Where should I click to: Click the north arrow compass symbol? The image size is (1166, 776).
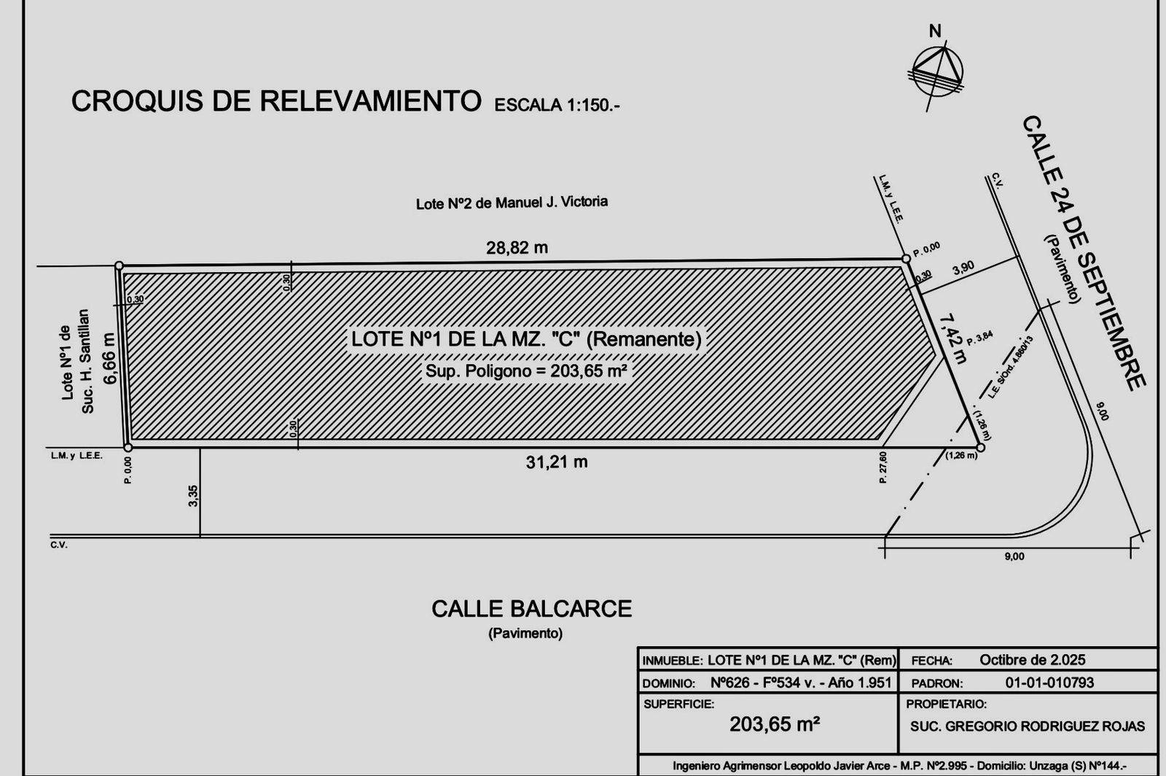[937, 69]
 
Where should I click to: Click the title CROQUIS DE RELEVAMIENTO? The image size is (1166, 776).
[276, 101]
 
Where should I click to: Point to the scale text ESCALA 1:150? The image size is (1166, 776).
[557, 106]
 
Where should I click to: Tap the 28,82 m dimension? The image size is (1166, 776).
[517, 248]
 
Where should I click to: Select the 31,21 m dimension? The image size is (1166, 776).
[557, 462]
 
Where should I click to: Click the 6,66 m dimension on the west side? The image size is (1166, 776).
[109, 362]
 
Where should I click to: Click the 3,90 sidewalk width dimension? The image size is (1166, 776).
[963, 268]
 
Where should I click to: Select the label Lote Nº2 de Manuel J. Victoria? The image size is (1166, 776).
[512, 202]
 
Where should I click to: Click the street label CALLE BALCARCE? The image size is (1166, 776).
[531, 609]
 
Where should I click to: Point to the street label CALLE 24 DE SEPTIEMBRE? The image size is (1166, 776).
[1085, 252]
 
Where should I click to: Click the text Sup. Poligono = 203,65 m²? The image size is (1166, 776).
[526, 370]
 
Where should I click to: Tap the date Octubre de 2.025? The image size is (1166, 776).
[1032, 660]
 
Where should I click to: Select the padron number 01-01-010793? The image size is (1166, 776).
[1049, 683]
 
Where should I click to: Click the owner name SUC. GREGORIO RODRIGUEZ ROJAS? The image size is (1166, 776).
[1027, 726]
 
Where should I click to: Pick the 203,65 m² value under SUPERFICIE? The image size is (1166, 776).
[775, 724]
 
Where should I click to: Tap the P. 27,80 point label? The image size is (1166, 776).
[883, 467]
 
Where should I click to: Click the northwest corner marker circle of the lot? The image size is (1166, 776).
[120, 266]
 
